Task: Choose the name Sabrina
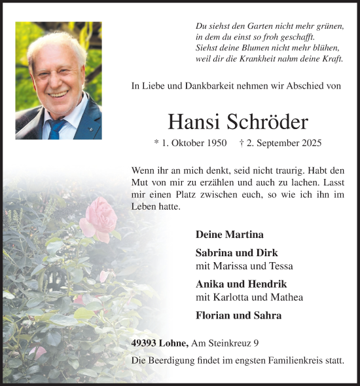click(215, 252)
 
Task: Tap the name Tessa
click(281, 265)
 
